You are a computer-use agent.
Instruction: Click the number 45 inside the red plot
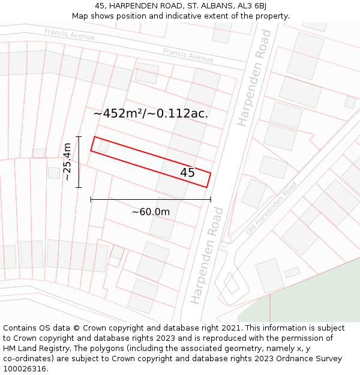187,173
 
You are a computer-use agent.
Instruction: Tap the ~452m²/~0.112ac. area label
151,113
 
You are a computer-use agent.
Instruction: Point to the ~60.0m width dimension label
151,211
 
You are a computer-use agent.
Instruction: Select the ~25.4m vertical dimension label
67,161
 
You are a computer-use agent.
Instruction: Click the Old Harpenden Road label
271,208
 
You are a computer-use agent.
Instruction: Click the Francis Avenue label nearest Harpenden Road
188,55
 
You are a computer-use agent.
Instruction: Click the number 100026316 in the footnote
25,369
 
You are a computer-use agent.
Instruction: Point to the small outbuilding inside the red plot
103,146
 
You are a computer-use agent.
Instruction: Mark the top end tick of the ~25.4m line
79,137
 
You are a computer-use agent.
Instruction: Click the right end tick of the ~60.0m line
211,199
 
